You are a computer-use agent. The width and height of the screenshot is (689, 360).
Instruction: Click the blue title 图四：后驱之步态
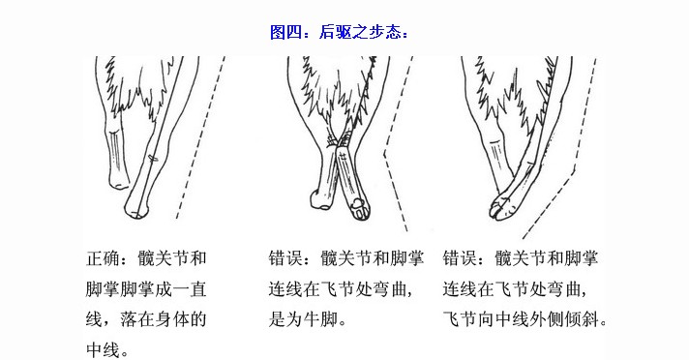click(x=339, y=32)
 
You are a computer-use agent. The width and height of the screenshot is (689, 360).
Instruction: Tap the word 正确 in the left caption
click(x=104, y=258)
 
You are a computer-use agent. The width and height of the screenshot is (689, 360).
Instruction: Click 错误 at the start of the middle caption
click(x=285, y=258)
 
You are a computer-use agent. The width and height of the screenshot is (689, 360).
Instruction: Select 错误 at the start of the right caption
click(x=460, y=258)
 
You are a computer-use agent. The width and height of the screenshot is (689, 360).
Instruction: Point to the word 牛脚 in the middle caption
click(x=320, y=319)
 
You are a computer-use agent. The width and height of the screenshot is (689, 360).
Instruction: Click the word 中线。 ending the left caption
click(x=108, y=350)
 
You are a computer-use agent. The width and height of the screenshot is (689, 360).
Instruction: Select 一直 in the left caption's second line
click(x=189, y=289)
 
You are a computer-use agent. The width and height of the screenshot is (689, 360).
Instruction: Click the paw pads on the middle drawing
click(x=360, y=208)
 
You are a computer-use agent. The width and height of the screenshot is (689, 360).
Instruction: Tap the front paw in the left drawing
click(x=136, y=208)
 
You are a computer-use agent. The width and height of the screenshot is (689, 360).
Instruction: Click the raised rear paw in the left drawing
click(x=119, y=180)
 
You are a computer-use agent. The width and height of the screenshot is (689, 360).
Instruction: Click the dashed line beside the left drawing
click(x=201, y=136)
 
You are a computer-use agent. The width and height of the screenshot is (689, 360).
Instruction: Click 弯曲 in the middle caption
click(x=381, y=289)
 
